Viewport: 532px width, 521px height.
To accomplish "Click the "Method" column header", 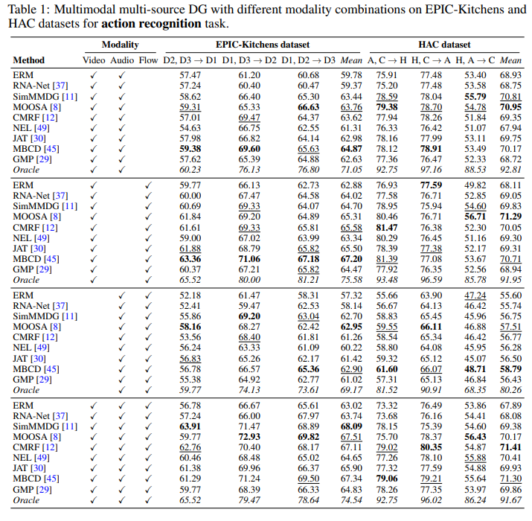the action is click(x=28, y=60).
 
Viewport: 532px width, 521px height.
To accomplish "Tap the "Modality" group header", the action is click(x=120, y=45).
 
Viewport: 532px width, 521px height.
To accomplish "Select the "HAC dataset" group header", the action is click(x=444, y=45).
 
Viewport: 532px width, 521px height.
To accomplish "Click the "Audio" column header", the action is click(x=122, y=60).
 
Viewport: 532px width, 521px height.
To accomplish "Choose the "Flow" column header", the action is click(x=148, y=60).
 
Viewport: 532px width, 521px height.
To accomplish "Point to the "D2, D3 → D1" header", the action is click(x=190, y=60).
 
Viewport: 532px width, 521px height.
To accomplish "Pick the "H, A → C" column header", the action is click(x=475, y=60).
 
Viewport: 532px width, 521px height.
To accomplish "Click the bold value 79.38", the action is click(x=387, y=107).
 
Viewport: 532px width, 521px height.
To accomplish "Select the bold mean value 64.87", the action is click(x=351, y=149).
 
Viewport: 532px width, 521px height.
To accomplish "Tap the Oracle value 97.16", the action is click(x=431, y=170).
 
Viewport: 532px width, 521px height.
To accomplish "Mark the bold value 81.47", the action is click(x=387, y=228).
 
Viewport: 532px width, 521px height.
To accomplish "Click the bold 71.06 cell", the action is click(x=249, y=259).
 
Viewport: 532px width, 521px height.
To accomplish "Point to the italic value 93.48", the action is click(x=387, y=280).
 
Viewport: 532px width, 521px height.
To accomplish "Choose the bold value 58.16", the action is click(x=190, y=327).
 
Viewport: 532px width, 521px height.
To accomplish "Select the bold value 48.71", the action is click(x=475, y=369).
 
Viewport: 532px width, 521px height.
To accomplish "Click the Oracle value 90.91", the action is click(x=431, y=390).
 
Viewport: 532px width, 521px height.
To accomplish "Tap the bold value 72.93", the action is click(x=249, y=437).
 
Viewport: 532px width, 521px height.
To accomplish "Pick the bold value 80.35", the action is click(x=431, y=447).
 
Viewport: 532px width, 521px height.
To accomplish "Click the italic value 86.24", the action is click(x=475, y=500).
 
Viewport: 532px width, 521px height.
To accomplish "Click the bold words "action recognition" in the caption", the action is click(x=151, y=24).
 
